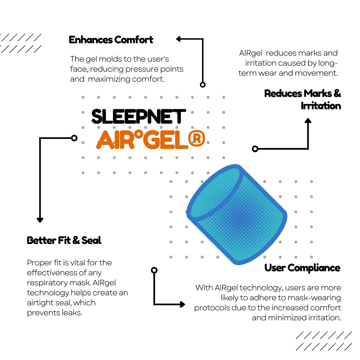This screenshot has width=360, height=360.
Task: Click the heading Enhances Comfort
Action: point(111,40)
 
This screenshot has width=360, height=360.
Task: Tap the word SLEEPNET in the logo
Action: point(138,117)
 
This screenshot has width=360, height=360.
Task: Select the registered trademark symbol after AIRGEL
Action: point(197,138)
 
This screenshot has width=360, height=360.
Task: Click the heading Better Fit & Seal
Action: point(64,240)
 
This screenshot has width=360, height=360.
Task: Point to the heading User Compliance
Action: point(302,268)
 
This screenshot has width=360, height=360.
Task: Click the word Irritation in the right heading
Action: point(321,106)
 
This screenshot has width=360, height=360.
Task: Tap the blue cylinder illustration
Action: point(237,214)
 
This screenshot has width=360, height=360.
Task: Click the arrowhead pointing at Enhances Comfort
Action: point(179,39)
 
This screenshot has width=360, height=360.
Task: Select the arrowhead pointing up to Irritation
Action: point(308,121)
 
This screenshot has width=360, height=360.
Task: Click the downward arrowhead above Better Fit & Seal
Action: point(40,220)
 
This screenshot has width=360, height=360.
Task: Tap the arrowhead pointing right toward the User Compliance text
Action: point(183,304)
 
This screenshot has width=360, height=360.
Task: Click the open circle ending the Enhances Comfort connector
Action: point(203,85)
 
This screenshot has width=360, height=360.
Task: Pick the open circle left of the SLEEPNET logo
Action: point(74,138)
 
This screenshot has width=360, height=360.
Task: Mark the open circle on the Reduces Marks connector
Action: point(255,149)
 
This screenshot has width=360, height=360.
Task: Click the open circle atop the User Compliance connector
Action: point(154,270)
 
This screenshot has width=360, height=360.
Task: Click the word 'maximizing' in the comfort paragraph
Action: point(109,79)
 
